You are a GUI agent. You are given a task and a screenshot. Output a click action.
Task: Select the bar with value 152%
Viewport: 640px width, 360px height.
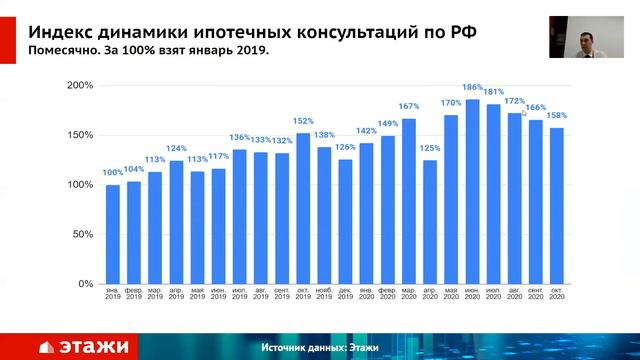(x=303, y=209)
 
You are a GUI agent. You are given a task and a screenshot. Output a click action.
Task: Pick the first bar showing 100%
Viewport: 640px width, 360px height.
(x=113, y=235)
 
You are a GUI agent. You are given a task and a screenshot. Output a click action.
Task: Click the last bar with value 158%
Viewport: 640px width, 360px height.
(x=557, y=206)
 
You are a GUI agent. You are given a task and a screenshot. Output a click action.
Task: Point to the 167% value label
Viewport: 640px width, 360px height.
(x=408, y=106)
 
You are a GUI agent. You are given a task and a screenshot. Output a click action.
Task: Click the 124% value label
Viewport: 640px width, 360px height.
(x=176, y=149)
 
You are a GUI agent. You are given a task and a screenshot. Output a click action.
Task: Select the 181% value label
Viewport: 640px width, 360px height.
(x=493, y=93)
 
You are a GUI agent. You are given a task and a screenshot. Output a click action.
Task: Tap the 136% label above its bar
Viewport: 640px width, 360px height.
(x=240, y=138)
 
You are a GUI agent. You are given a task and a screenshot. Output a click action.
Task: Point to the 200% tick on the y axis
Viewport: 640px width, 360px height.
(x=79, y=86)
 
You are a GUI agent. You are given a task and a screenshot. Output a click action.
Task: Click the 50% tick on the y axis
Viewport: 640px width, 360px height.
(x=82, y=235)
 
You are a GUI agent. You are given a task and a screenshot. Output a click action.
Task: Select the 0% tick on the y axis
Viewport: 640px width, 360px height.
(x=85, y=285)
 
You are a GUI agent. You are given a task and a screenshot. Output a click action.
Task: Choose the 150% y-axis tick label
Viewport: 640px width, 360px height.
(x=79, y=136)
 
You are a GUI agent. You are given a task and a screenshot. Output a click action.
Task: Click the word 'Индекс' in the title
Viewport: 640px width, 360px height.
(x=61, y=30)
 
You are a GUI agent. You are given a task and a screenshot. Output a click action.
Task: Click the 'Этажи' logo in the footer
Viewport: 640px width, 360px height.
(x=84, y=347)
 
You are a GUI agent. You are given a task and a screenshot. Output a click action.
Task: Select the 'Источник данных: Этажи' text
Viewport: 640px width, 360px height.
(x=320, y=347)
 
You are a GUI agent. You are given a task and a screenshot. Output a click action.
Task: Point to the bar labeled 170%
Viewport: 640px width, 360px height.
(x=451, y=200)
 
